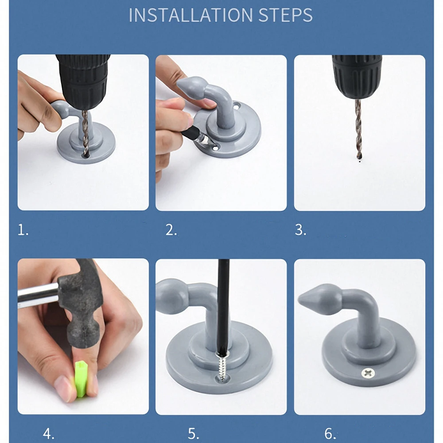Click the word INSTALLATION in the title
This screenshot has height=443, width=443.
point(190,15)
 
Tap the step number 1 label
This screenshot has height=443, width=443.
point(23,230)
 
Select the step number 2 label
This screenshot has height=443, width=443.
point(171,230)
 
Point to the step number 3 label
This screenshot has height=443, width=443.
point(300,230)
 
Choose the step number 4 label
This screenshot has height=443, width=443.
point(49,433)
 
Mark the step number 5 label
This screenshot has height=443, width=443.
point(193,433)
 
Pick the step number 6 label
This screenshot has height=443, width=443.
point(330,433)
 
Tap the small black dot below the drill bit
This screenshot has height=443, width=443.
point(359,163)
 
